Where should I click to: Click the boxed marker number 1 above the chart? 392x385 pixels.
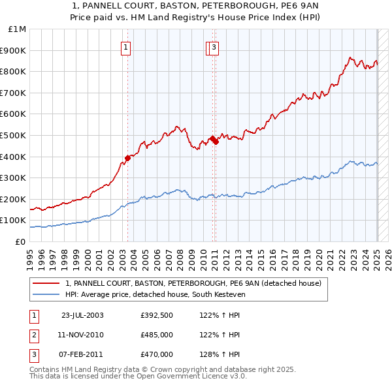click(125, 46)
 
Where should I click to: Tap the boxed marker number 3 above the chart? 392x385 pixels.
click(214, 46)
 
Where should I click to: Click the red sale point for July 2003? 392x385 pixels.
click(128, 157)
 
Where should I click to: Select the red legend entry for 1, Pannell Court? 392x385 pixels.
click(193, 284)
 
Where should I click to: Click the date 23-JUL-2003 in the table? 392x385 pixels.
click(82, 315)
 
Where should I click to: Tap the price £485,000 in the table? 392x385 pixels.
click(157, 335)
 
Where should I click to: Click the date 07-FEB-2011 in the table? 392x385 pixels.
click(82, 354)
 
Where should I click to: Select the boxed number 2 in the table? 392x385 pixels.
click(33, 335)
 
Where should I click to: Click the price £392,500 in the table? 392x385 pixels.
click(157, 315)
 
